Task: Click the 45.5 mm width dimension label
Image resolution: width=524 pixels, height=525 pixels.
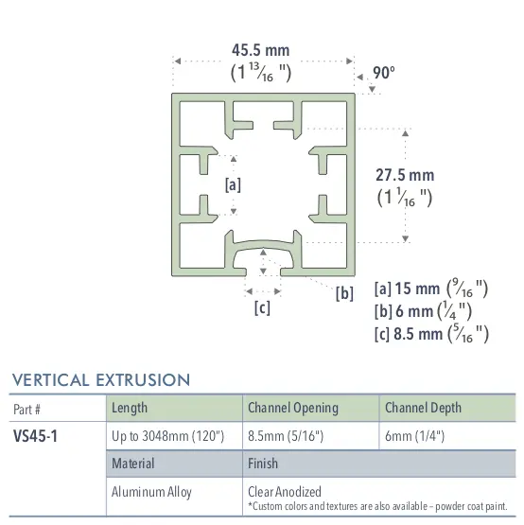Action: tap(260, 50)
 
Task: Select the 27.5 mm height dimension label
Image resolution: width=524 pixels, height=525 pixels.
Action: tap(405, 175)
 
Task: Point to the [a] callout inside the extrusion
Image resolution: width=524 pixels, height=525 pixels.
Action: tap(233, 184)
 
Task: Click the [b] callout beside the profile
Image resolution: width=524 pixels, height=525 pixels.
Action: tap(344, 292)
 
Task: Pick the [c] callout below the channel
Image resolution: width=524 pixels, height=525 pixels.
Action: tap(262, 307)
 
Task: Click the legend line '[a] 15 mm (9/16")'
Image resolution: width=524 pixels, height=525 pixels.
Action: tap(431, 289)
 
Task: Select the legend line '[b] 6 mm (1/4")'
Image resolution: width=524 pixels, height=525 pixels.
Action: tap(423, 310)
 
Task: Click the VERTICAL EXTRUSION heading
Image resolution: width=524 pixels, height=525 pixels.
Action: tap(101, 380)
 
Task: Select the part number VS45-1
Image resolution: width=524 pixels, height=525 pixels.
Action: tap(36, 438)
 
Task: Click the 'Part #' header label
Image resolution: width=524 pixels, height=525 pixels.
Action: tap(28, 409)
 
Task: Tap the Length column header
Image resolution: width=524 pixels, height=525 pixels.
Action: tap(130, 408)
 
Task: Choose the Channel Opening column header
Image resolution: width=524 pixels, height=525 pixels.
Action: tap(292, 408)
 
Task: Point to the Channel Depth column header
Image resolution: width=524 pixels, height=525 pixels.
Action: tap(423, 408)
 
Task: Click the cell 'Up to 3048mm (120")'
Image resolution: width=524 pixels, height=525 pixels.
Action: tap(167, 437)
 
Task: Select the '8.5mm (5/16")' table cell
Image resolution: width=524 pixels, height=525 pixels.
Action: tap(284, 437)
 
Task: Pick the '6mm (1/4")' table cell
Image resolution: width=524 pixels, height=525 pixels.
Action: tap(414, 437)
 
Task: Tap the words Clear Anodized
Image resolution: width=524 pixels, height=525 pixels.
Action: tap(284, 491)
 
